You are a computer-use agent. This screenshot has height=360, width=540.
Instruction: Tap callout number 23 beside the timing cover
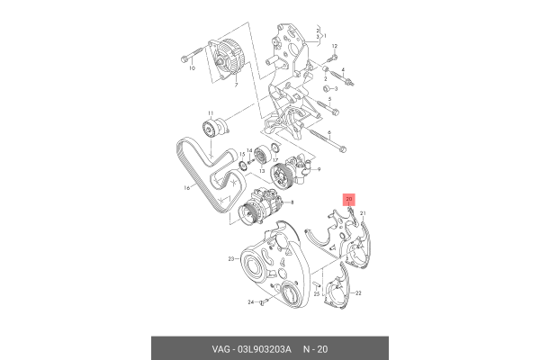(230, 259)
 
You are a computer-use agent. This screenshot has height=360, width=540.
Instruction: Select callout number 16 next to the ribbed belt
(188, 188)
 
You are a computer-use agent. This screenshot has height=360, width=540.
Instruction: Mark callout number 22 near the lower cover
(356, 293)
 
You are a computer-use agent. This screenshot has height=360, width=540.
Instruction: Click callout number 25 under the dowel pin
(317, 294)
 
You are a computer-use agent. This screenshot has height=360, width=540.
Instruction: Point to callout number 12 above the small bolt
(333, 46)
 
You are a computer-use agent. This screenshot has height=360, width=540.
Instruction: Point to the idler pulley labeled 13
(266, 152)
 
